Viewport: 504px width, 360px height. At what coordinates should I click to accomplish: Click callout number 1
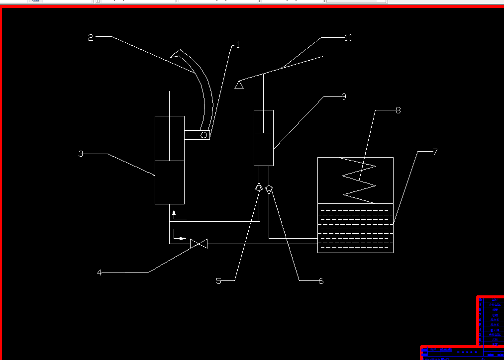coord(238,45)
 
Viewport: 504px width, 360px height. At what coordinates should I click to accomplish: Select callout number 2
coord(91,38)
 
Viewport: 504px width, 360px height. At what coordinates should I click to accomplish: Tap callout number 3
coord(81,154)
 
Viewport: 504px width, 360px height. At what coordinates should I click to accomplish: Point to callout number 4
coord(99,272)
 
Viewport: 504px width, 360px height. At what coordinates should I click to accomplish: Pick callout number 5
coord(218,281)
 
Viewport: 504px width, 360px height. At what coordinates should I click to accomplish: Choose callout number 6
coord(321,281)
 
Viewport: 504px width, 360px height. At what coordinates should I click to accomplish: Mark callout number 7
coord(435,152)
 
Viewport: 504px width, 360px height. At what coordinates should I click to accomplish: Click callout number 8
coord(398,110)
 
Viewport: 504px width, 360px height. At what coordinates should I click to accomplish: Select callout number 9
coord(343,97)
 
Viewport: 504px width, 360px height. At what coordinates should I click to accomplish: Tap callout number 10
coord(348,38)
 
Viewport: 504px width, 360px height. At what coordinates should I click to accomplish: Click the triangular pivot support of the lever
coord(239,85)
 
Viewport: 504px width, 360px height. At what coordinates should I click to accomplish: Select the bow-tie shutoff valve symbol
coord(199,244)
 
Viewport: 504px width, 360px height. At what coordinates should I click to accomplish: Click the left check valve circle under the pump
coord(259,188)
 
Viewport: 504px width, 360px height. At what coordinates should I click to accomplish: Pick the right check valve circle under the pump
coord(269,188)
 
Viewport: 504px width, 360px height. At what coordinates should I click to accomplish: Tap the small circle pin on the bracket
coord(204,135)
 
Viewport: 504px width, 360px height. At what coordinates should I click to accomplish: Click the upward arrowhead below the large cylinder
coord(174,212)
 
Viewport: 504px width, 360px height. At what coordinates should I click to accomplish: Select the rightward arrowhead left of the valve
coord(183,239)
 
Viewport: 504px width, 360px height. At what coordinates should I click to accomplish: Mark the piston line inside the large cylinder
coord(170,161)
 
